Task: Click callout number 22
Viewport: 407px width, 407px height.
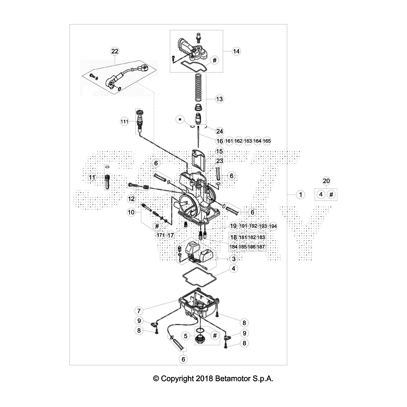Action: coord(115,51)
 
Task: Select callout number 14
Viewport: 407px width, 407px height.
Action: coord(236,51)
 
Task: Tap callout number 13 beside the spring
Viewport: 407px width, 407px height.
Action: coord(219,99)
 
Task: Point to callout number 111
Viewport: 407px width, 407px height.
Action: coord(124,122)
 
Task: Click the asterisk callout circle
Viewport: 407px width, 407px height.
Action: coord(180,120)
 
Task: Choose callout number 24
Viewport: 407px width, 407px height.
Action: coord(219,131)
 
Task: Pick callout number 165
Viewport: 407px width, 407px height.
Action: coord(267,141)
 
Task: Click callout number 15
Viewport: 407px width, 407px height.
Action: coord(219,151)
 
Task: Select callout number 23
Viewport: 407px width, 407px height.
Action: coord(220,161)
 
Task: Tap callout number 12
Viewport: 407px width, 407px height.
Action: coord(131,198)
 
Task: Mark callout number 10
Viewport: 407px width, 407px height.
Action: coord(131,212)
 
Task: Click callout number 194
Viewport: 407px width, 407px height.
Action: coord(273,226)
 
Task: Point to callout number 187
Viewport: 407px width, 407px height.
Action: coord(261,247)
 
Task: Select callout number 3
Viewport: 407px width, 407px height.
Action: coord(234,259)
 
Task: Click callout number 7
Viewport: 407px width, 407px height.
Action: coord(139,311)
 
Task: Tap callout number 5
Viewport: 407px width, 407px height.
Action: coord(186,336)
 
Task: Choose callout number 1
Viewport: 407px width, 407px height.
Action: coord(300,195)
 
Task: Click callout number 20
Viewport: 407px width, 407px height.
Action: coord(326,181)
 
